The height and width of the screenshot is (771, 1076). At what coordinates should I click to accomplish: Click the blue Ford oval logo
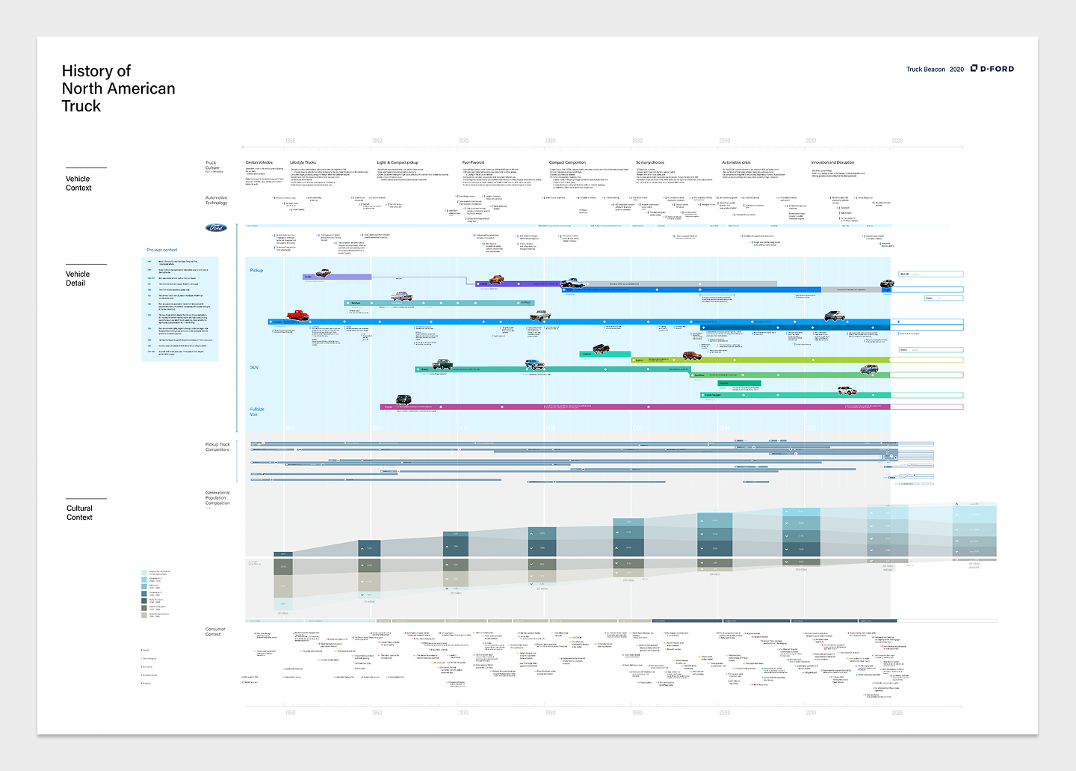click(x=216, y=228)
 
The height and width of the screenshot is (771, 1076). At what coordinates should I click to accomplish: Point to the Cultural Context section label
click(x=79, y=512)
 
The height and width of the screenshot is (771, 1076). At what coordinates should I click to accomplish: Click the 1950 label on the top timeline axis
click(x=290, y=141)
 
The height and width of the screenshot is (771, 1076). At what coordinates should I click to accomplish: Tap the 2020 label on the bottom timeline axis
click(x=897, y=713)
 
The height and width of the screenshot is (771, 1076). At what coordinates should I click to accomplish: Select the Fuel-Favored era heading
click(x=473, y=162)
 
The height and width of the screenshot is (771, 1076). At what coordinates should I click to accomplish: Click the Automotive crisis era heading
click(x=736, y=162)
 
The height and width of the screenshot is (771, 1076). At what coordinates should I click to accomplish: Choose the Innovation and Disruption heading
click(x=832, y=162)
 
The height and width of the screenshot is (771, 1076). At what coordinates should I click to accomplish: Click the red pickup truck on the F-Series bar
click(x=297, y=315)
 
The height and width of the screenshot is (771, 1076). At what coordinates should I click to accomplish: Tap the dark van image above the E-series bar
click(x=403, y=400)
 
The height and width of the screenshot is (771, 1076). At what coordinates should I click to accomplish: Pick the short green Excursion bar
click(x=739, y=383)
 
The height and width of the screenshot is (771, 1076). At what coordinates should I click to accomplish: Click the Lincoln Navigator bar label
click(x=713, y=395)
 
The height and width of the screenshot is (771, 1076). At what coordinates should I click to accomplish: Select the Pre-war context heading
click(x=162, y=250)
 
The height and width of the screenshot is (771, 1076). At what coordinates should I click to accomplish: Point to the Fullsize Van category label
click(x=256, y=411)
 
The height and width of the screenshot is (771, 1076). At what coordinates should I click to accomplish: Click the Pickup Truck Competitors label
click(x=217, y=446)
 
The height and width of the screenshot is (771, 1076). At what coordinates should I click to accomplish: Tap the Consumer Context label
click(x=214, y=631)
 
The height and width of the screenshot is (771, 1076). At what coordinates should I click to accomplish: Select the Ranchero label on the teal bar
click(x=356, y=303)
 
